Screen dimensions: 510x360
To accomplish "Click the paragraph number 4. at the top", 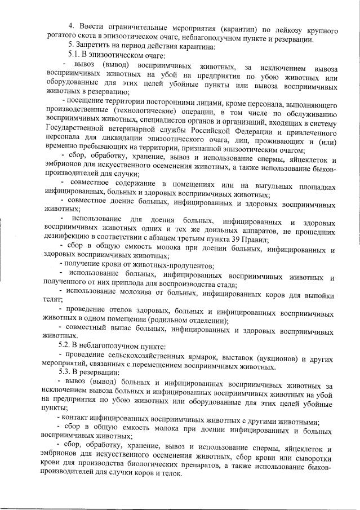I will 71,26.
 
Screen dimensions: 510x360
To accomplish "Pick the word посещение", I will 92,103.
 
